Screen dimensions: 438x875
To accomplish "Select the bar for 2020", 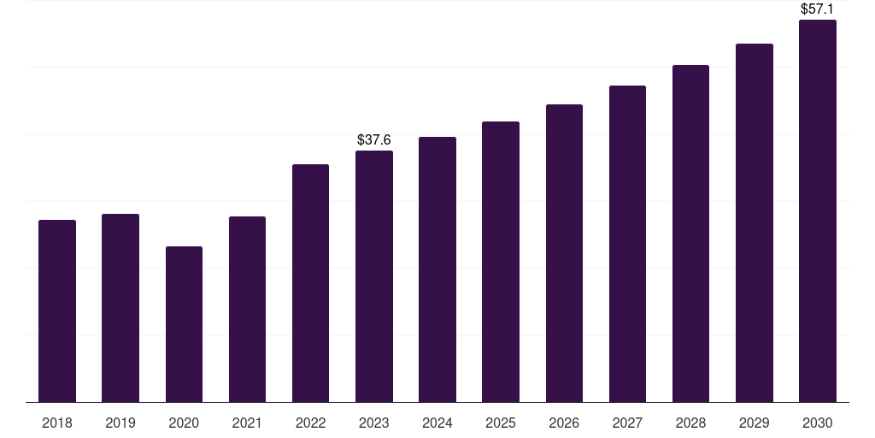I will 184,324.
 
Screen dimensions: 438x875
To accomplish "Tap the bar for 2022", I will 310,283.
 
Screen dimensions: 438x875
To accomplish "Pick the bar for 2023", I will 374,276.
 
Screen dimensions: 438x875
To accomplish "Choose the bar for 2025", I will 501,262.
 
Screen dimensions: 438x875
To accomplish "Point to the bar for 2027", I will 627,244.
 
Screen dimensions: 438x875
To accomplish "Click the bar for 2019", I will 120,308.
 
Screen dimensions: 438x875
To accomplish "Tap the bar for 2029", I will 755,222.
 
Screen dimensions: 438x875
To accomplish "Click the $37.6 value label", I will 374,139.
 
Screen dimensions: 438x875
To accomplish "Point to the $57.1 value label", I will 818,9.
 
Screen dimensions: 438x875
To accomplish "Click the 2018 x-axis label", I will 57,423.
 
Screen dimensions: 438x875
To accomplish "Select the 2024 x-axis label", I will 437,423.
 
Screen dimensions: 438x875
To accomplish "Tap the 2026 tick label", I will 564,423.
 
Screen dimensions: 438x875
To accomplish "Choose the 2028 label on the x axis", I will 690,423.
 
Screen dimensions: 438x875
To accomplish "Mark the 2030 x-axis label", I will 818,423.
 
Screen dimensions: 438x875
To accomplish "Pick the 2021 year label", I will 247,423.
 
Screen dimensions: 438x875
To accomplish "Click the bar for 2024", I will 437,269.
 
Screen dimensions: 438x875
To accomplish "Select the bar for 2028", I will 690,234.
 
